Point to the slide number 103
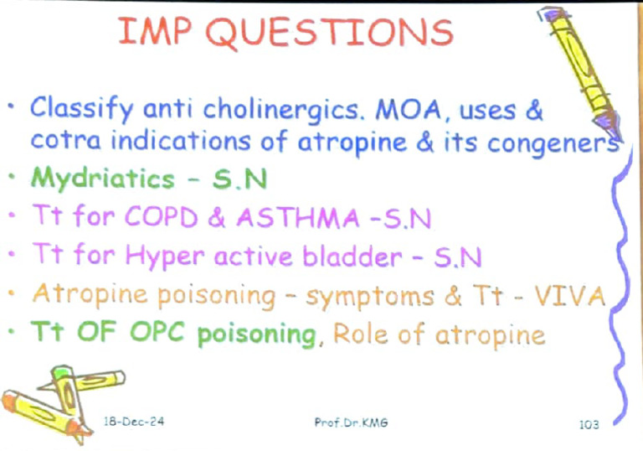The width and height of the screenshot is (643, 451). pyautogui.click(x=589, y=425)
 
